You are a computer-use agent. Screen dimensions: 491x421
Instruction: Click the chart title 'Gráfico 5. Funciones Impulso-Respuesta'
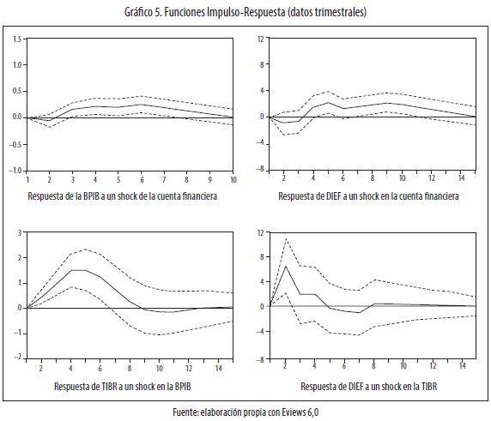point(205,13)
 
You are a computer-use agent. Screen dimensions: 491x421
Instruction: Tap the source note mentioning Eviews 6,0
point(245,412)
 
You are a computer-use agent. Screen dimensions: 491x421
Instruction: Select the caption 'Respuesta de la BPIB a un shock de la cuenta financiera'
point(123,196)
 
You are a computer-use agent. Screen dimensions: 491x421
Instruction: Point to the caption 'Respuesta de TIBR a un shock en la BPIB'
point(123,387)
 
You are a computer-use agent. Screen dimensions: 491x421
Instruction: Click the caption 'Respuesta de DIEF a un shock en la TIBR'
point(369,387)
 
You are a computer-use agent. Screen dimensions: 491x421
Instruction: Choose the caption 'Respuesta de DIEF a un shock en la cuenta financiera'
point(368,196)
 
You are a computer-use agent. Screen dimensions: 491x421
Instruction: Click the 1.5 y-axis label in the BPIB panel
point(17,39)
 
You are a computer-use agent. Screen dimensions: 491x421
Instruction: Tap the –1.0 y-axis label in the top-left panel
point(15,171)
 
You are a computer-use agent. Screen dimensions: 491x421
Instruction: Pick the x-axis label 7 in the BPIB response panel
point(164,179)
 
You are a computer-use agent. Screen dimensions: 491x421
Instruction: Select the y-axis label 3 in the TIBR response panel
point(20,232)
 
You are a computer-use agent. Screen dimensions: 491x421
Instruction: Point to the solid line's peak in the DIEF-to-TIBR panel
point(285,266)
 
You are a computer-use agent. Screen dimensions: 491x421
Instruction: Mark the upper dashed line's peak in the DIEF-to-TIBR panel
point(286,239)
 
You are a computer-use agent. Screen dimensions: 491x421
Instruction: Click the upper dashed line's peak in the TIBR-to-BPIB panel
point(86,250)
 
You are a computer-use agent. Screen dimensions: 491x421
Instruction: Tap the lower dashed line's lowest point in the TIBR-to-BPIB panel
point(160,335)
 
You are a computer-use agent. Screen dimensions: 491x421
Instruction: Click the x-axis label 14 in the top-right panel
point(461,178)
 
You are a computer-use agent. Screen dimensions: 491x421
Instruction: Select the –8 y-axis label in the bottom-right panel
point(260,359)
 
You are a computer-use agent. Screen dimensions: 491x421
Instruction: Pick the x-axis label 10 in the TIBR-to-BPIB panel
point(160,368)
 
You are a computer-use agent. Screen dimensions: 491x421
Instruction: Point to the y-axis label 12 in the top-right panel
point(261,39)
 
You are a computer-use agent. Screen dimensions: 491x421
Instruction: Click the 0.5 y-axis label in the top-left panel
point(17,92)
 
